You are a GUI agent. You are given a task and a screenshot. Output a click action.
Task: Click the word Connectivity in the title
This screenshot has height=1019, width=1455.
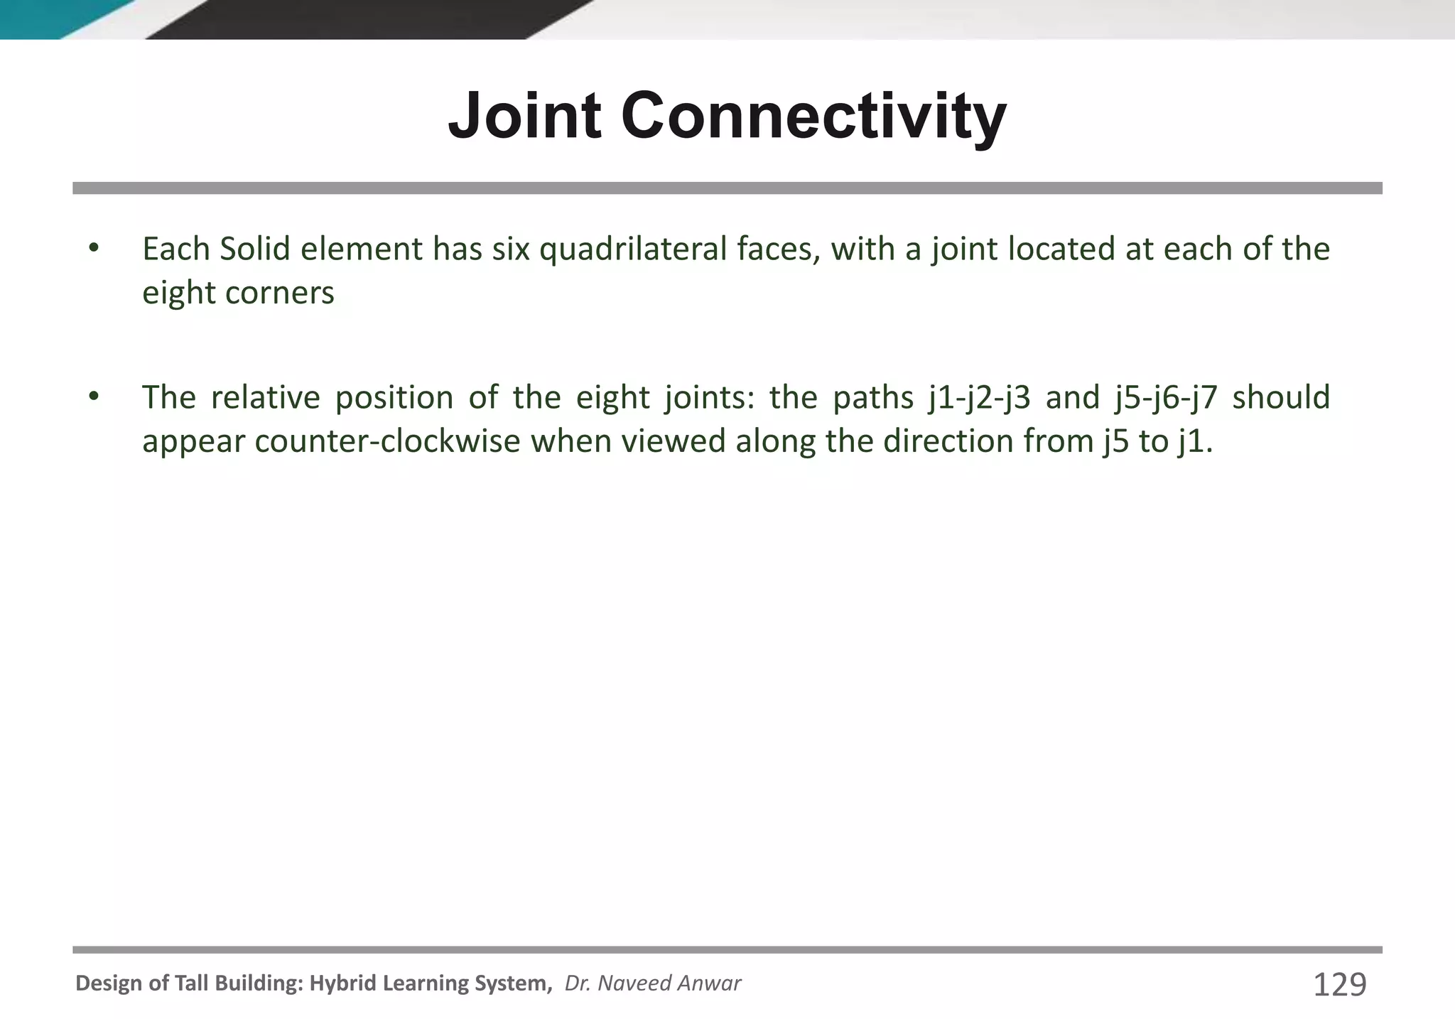pos(813,115)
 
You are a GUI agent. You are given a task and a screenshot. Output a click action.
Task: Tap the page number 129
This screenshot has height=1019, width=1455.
pos(1339,985)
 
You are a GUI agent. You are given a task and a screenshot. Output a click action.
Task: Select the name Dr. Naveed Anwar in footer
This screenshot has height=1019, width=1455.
pos(652,983)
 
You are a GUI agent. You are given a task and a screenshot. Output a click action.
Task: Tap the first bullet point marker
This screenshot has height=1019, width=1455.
pos(94,249)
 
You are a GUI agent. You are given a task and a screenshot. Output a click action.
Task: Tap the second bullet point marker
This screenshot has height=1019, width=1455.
pos(94,397)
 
